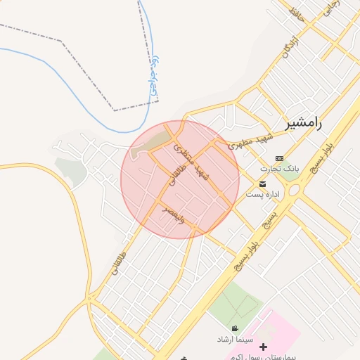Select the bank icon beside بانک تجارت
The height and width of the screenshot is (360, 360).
point(281,158)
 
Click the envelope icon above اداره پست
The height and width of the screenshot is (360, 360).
point(262,184)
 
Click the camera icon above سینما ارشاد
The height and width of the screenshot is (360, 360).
point(234,328)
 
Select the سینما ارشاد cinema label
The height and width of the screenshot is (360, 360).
point(235,339)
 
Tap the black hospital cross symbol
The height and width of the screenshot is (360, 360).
point(264,347)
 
